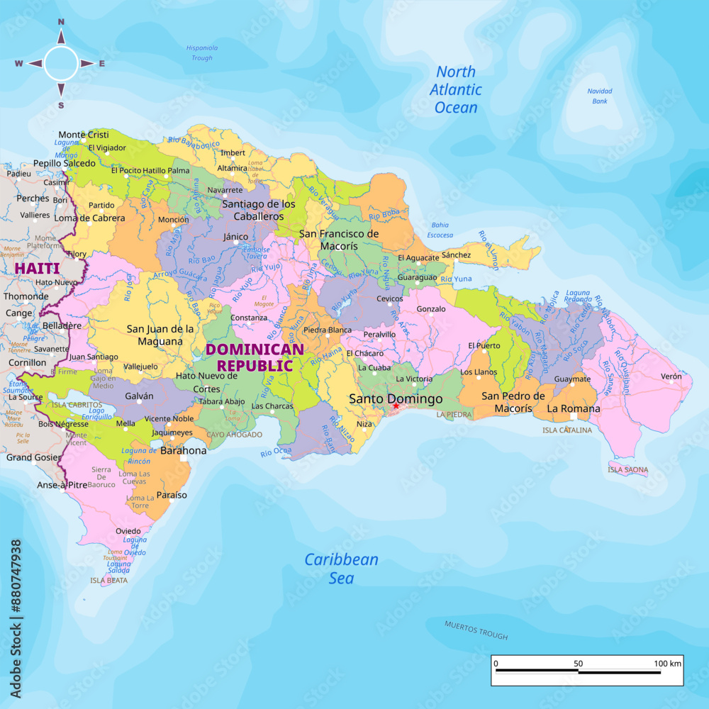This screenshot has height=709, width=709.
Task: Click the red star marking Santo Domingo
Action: point(396,406)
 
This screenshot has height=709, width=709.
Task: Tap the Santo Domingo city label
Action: point(396,399)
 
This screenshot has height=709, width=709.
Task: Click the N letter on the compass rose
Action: point(61,22)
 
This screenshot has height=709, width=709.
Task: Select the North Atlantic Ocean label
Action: point(456,90)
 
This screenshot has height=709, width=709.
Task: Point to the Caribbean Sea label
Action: point(341,569)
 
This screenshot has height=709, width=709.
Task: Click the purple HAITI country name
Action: point(37,269)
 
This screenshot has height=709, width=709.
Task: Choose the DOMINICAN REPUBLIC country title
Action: point(255,357)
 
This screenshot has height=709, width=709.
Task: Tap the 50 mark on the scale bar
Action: point(579,664)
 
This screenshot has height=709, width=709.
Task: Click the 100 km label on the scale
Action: point(667,664)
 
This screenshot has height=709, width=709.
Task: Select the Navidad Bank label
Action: point(600,96)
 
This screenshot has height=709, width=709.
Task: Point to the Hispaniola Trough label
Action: point(201,53)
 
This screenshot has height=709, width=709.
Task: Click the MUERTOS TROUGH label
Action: point(476,630)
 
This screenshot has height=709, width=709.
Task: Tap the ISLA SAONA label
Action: point(627,469)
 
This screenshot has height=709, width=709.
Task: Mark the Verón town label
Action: point(671,376)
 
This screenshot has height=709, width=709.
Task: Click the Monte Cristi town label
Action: point(84,135)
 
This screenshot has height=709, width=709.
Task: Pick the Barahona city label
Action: point(184,450)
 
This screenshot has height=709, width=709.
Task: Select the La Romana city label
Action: point(574,408)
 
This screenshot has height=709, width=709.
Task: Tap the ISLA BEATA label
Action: point(109,580)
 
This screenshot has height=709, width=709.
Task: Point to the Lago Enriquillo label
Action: point(92,413)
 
